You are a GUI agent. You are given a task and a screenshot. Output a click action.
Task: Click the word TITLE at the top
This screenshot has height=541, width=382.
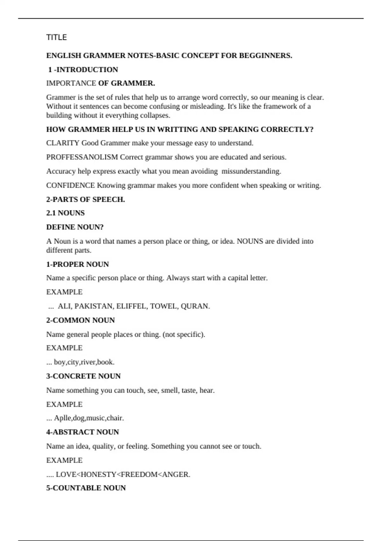tap(56, 38)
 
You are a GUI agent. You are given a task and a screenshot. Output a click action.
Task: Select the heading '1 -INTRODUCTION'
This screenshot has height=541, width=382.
tap(83, 70)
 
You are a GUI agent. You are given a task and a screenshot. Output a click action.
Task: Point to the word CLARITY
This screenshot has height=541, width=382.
tap(62, 143)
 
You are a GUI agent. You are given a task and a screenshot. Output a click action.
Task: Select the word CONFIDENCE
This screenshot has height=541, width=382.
tap(70, 186)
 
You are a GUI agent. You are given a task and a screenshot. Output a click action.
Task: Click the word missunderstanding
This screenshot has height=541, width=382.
tap(251, 171)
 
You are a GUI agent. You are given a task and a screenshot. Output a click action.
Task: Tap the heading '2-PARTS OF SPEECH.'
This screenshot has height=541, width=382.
tap(85, 200)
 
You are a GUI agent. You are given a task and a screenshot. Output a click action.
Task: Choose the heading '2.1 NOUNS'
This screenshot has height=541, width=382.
tap(65, 213)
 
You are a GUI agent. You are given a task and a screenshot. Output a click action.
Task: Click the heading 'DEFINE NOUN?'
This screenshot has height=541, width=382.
tap(75, 227)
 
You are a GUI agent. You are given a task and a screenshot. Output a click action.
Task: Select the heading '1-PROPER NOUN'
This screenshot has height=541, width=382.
tap(77, 264)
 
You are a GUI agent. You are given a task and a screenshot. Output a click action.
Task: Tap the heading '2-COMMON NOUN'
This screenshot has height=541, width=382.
tap(80, 320)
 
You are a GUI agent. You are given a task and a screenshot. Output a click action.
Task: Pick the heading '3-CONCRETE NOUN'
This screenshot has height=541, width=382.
tap(83, 376)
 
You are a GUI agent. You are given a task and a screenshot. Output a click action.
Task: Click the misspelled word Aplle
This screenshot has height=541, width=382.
tap(62, 418)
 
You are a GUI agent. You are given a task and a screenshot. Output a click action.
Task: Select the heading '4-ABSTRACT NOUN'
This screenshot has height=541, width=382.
tap(82, 432)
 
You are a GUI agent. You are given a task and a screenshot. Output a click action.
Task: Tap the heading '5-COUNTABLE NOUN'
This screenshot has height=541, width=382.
tap(86, 488)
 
